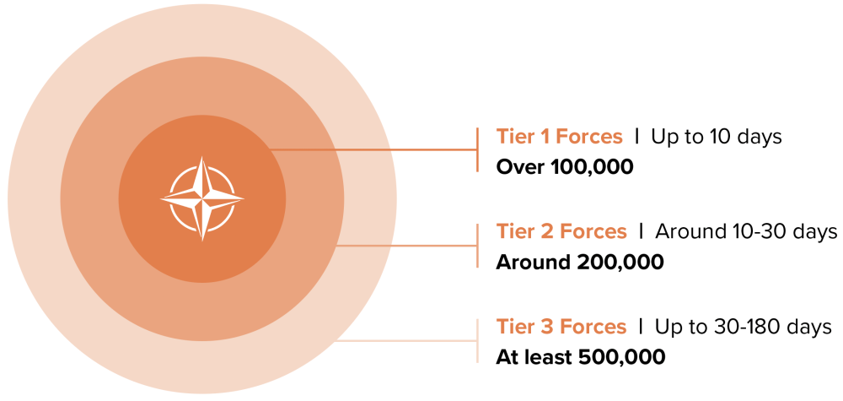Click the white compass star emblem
click(x=202, y=198)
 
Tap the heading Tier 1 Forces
click(x=559, y=137)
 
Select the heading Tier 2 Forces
click(x=561, y=232)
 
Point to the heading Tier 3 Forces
click(x=561, y=327)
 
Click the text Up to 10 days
click(x=717, y=138)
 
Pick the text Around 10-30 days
click(x=746, y=232)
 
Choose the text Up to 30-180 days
click(x=744, y=328)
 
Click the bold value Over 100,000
click(x=565, y=167)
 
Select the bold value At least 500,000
click(x=580, y=357)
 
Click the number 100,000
click(x=593, y=168)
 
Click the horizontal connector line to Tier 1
click(x=373, y=149)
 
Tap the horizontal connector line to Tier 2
click(x=405, y=246)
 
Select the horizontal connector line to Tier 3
click(x=405, y=341)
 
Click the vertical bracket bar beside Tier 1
click(x=477, y=149)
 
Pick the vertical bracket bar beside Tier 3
click(x=477, y=341)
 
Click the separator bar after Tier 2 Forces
click(x=641, y=232)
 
